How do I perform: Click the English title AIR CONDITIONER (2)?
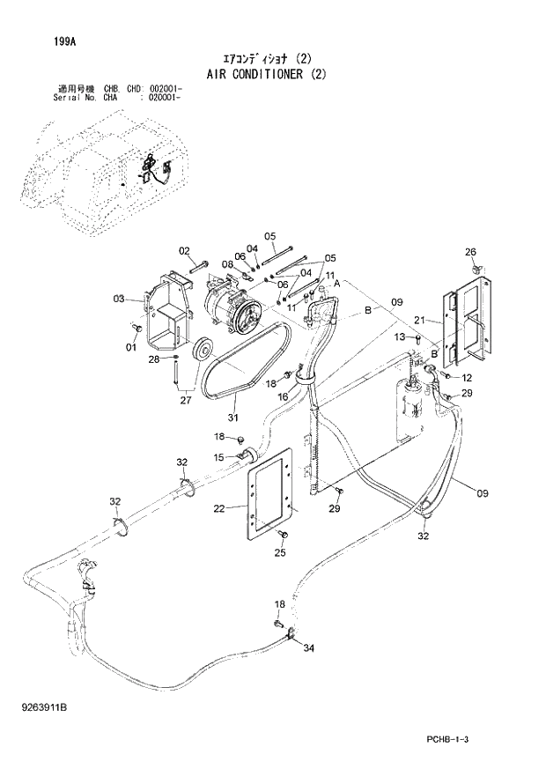pos(266,74)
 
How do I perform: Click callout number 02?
pos(185,251)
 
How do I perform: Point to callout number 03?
pos(120,299)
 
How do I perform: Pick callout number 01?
pos(131,347)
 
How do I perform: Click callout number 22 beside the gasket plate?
pos(218,507)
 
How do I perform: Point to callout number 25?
pos(280,553)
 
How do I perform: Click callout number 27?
pos(184,400)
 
